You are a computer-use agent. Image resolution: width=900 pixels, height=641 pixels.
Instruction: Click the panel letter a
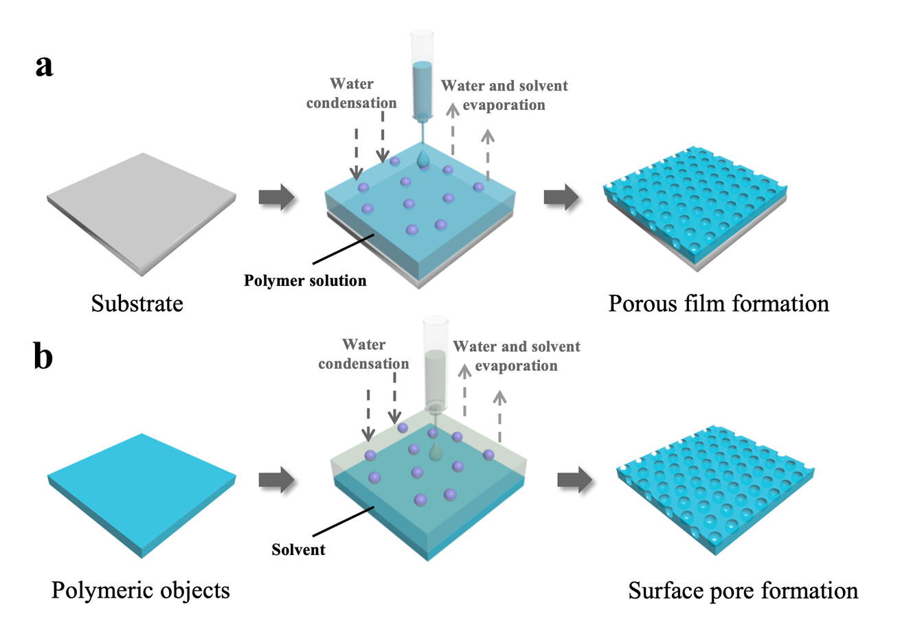coord(45,66)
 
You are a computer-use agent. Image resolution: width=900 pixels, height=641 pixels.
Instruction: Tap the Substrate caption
coord(137,304)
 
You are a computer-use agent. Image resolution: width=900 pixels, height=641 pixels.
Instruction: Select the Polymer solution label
coord(305,280)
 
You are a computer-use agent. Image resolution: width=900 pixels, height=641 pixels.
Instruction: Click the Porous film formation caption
coord(719,303)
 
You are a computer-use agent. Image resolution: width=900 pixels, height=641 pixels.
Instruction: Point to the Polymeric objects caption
coord(140,590)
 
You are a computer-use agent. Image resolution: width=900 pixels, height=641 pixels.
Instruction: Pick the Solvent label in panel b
coord(298,550)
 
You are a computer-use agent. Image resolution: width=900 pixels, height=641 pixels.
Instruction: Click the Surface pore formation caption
coord(743,591)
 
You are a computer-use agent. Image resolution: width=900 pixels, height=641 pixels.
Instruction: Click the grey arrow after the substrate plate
coord(276,197)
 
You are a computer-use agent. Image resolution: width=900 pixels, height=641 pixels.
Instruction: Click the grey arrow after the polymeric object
coord(276,480)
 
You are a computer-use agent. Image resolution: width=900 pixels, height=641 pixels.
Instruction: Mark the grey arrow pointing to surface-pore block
coord(574,480)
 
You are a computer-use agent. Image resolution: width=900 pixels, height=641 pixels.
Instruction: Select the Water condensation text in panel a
coord(352,93)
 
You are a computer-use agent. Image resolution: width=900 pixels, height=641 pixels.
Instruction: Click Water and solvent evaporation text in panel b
coord(516,356)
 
